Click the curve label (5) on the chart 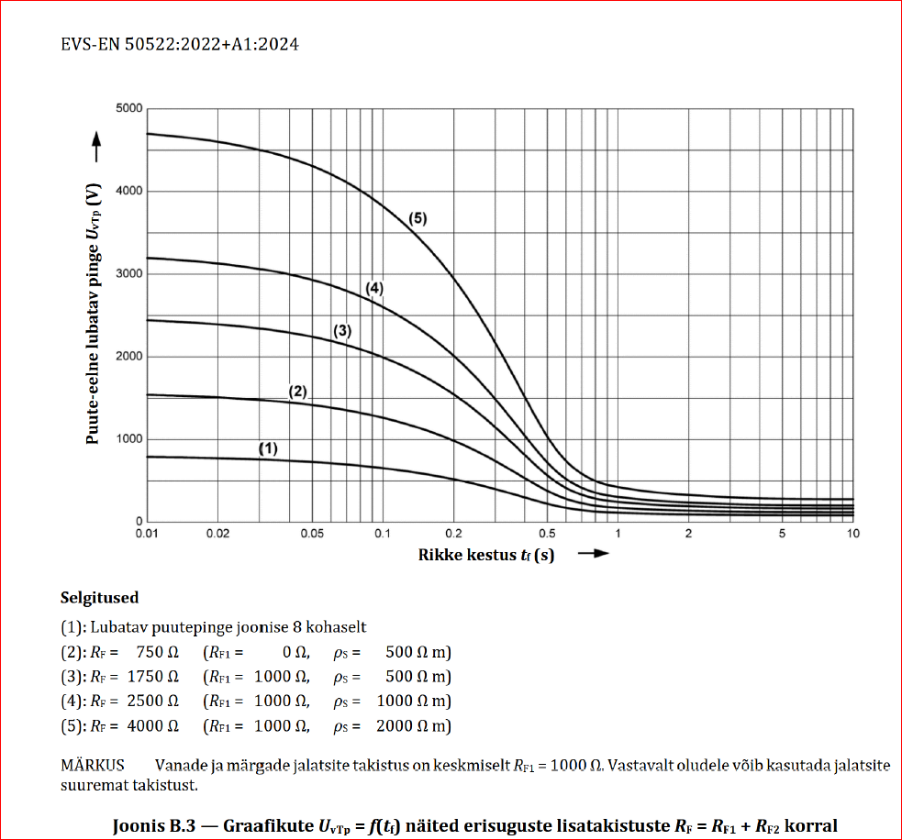(x=418, y=218)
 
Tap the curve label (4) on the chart (x=373, y=288)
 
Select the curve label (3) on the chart (x=342, y=331)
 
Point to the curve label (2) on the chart (x=297, y=391)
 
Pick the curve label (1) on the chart (x=267, y=448)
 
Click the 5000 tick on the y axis (x=129, y=109)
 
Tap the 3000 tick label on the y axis (x=129, y=274)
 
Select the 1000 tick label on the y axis (x=129, y=439)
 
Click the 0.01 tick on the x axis (x=147, y=534)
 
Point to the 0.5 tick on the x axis (x=548, y=534)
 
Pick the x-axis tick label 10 (x=853, y=534)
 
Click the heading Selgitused (x=99, y=598)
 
